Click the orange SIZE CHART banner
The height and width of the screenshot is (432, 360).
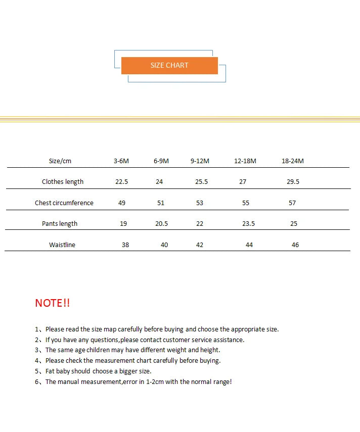pyautogui.click(x=169, y=66)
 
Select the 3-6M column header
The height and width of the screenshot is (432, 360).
pyautogui.click(x=121, y=161)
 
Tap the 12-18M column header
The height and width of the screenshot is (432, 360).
pyautogui.click(x=245, y=161)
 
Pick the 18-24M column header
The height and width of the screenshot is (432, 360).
pyautogui.click(x=293, y=161)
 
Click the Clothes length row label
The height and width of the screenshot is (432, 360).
pyautogui.click(x=63, y=182)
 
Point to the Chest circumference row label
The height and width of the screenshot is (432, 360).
pyautogui.click(x=64, y=203)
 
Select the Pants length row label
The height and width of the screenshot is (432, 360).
pyautogui.click(x=60, y=224)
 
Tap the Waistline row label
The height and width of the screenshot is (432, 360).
pyautogui.click(x=62, y=245)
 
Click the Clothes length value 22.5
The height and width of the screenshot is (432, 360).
pyautogui.click(x=122, y=182)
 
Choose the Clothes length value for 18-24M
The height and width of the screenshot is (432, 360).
pyautogui.click(x=293, y=182)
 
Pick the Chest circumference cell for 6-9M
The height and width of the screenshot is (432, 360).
pyautogui.click(x=161, y=203)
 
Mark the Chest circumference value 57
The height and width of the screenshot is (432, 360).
pyautogui.click(x=292, y=203)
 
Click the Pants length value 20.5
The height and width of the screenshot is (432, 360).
pyautogui.click(x=162, y=224)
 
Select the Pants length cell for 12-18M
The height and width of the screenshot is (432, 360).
pyautogui.click(x=249, y=224)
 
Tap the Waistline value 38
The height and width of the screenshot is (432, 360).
pyautogui.click(x=125, y=245)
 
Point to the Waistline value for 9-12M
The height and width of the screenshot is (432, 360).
pyautogui.click(x=200, y=245)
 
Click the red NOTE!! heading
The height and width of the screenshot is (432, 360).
pyautogui.click(x=53, y=303)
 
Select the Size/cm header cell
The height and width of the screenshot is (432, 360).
pyautogui.click(x=60, y=161)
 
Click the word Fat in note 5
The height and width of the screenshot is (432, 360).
pyautogui.click(x=51, y=371)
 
